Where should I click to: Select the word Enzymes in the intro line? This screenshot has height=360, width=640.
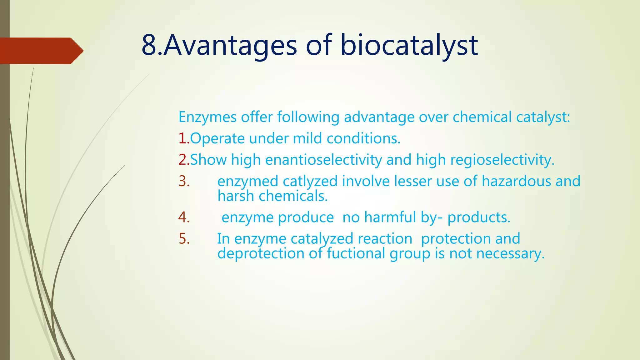point(207,117)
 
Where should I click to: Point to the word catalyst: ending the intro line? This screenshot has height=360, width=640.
point(543,117)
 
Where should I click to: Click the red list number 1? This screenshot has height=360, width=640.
point(183,138)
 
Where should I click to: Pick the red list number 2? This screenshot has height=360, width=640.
point(183,160)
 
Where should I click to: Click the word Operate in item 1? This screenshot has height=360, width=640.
point(217,138)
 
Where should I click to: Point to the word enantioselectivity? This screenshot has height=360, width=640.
point(323,160)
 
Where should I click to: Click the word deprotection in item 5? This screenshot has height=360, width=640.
point(261,253)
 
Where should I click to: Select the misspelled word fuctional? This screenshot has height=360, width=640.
point(356,253)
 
